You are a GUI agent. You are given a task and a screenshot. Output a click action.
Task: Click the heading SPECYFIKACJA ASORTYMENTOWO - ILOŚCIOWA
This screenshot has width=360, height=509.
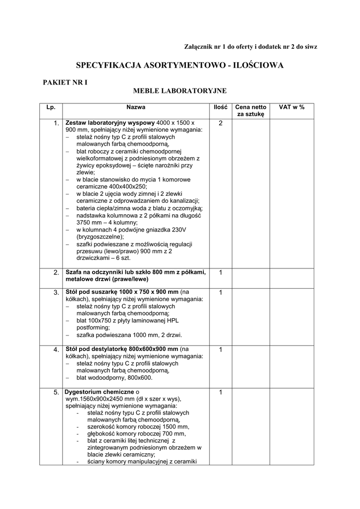[180, 65]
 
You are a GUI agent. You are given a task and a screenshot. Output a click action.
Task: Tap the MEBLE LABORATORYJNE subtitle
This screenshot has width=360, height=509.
[180, 90]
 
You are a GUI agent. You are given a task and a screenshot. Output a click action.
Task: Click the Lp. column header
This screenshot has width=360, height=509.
[51, 107]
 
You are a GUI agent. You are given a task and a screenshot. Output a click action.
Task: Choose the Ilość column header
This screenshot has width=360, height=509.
[220, 107]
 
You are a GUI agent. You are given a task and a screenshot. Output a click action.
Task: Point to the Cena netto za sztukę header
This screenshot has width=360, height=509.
[251, 110]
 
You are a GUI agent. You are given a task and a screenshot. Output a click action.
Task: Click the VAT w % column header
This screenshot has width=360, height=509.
[291, 107]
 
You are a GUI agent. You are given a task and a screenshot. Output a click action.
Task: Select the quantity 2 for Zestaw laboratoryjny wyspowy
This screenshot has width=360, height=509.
[220, 123]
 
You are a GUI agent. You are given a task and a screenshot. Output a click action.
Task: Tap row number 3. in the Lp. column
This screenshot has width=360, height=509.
[56, 292]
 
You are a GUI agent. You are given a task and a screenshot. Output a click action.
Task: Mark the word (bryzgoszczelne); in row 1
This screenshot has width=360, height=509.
[100, 237]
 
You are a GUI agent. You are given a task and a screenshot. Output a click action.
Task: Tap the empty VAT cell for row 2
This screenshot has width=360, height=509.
[291, 275]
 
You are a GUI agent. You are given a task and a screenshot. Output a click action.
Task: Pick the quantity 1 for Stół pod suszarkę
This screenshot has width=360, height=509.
[220, 292]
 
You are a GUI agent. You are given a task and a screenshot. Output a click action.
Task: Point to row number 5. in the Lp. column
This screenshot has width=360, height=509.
[56, 393]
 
